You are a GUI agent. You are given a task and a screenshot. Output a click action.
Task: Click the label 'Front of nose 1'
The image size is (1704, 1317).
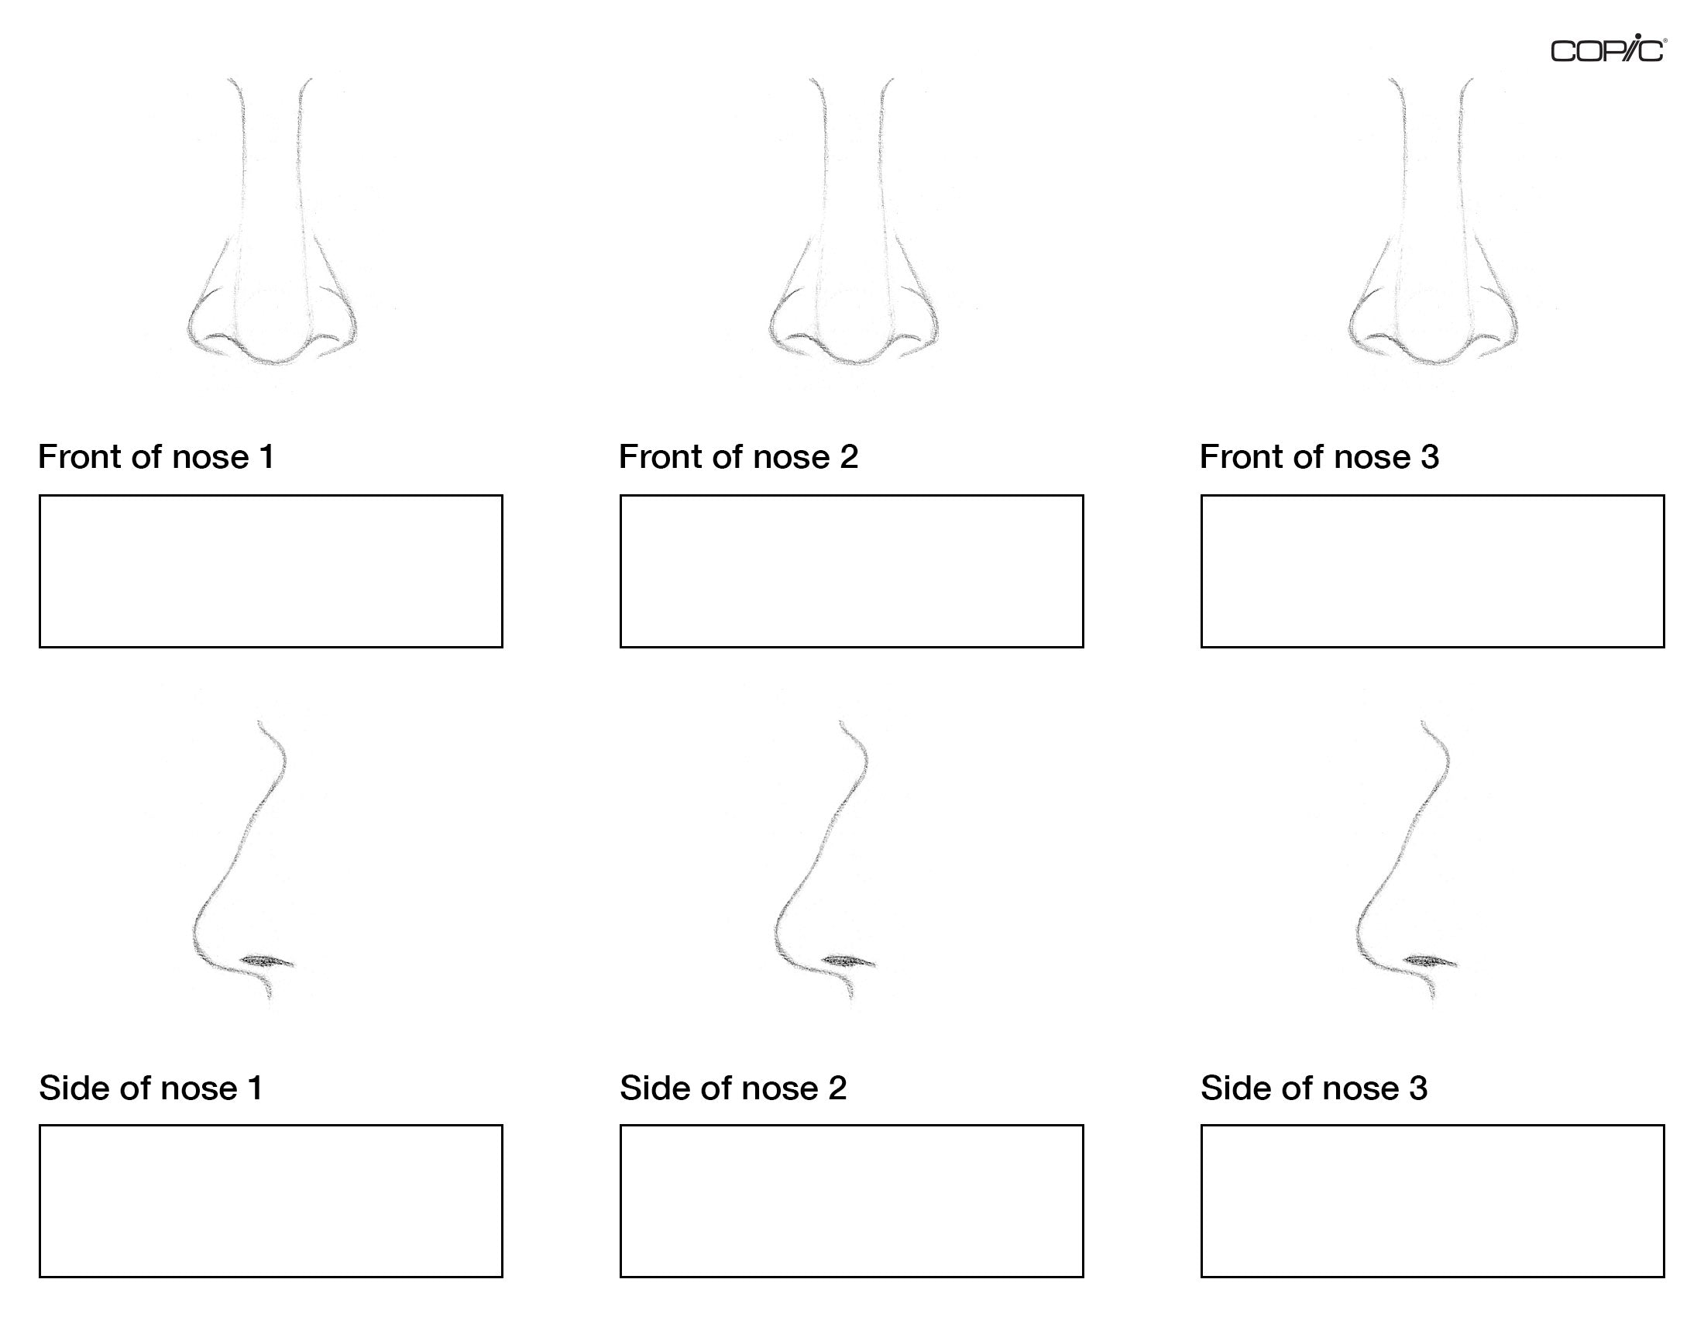(156, 457)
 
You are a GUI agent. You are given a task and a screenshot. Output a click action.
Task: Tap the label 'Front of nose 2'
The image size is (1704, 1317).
(738, 457)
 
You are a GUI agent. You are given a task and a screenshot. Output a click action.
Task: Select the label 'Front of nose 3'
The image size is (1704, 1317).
(1319, 457)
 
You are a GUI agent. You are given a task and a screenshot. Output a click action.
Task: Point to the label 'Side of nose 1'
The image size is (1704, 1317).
(151, 1088)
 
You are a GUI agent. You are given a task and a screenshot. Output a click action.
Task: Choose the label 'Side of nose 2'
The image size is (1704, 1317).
(733, 1088)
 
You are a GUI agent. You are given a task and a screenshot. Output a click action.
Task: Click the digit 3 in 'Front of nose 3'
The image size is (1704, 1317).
(1430, 457)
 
